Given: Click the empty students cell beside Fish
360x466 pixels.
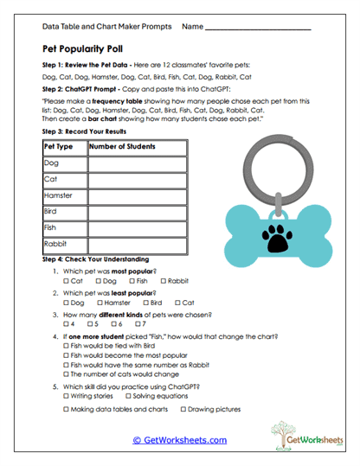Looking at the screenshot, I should (x=137, y=228).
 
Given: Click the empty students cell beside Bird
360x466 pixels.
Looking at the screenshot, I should (x=137, y=212).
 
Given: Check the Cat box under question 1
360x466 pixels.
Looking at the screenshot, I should (x=67, y=281).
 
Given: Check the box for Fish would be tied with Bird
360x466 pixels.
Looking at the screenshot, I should (x=67, y=344).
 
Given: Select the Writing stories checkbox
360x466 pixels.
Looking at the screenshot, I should (x=67, y=395).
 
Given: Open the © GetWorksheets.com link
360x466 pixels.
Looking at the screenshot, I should (x=179, y=440).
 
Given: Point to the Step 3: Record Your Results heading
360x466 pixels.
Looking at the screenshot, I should (x=85, y=131).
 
